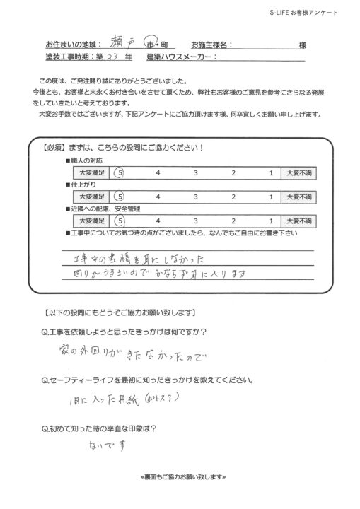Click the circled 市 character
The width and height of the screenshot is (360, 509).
[149, 43]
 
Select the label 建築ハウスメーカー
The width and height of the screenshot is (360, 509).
[179, 57]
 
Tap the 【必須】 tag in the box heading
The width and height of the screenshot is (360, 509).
[54, 147]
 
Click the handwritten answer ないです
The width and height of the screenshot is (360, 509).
[108, 446]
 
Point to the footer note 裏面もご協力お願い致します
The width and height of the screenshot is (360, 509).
[180, 478]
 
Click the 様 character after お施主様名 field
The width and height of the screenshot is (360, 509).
[302, 45]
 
